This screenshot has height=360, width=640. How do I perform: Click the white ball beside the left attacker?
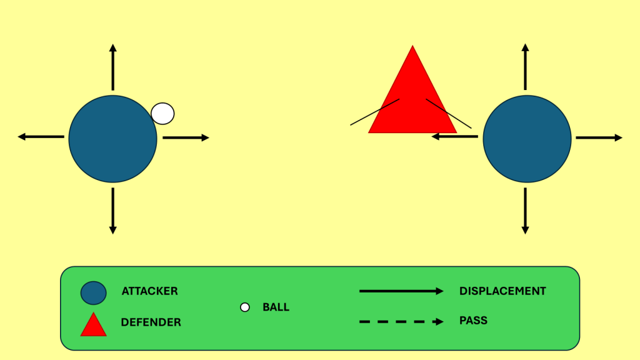coord(162,113)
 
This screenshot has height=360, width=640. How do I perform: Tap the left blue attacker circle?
coord(112,139)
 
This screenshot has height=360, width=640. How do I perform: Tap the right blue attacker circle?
coord(527,139)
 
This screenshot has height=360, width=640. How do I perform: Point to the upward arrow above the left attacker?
coord(112,67)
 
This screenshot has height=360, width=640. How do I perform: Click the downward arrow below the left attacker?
coord(112,211)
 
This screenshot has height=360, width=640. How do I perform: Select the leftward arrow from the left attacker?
coord(41,136)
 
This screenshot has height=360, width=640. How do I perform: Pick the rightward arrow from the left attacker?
coord(186,137)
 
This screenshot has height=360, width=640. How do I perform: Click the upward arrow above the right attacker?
coord(525,67)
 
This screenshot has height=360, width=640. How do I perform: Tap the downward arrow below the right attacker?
coord(525,211)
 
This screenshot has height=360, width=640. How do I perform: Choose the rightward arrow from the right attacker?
coord(599,137)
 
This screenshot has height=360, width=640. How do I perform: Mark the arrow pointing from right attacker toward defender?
coord(455,136)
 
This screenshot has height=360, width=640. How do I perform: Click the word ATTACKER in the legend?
coord(149,291)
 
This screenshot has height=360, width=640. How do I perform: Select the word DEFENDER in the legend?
coord(151,322)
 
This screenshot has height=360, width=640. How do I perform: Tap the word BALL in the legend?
coord(276,307)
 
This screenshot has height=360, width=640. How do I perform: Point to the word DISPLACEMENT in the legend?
coord(502,291)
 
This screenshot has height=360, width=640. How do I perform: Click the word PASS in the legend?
coord(473,321)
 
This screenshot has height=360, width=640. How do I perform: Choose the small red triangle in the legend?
coord(93,326)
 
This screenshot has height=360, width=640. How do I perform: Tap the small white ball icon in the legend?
coord(245,307)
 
